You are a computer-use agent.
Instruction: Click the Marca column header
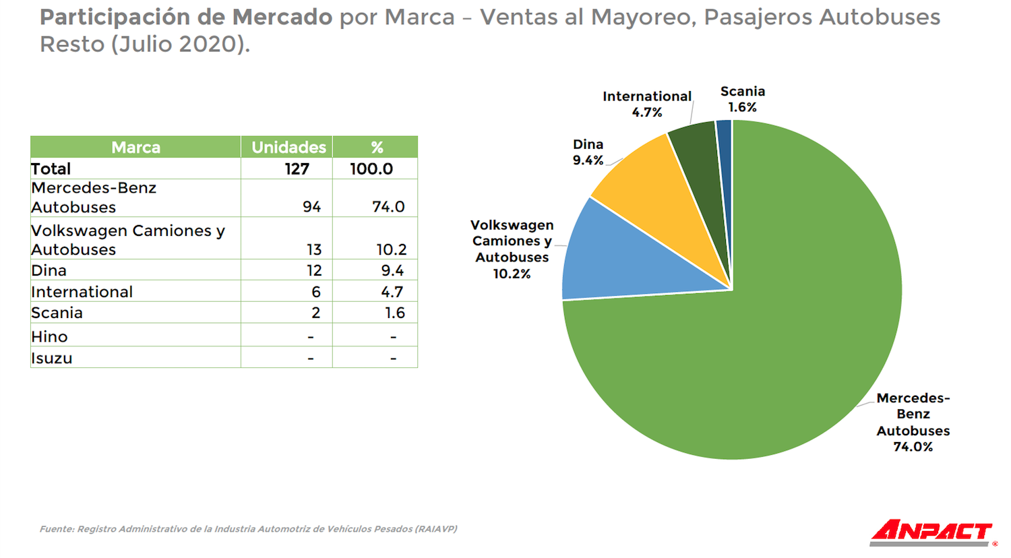tap(135, 147)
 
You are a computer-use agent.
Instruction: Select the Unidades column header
tap(288, 147)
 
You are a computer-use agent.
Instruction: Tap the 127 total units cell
tap(297, 168)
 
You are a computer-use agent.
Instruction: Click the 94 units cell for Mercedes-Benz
tap(311, 207)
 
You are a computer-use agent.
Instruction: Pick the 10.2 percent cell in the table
tap(391, 249)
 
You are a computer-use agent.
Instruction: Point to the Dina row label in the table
tap(49, 270)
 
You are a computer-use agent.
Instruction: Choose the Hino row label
tap(50, 336)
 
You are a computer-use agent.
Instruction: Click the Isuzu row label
tap(52, 358)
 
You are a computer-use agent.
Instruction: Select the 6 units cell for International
tap(315, 292)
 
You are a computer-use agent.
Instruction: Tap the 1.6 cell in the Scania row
tap(394, 313)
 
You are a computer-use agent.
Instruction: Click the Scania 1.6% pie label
tap(742, 99)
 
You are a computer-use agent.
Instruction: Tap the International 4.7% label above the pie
tap(646, 104)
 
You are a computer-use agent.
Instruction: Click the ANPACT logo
tap(933, 532)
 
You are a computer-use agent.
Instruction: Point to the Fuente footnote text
tap(248, 529)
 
